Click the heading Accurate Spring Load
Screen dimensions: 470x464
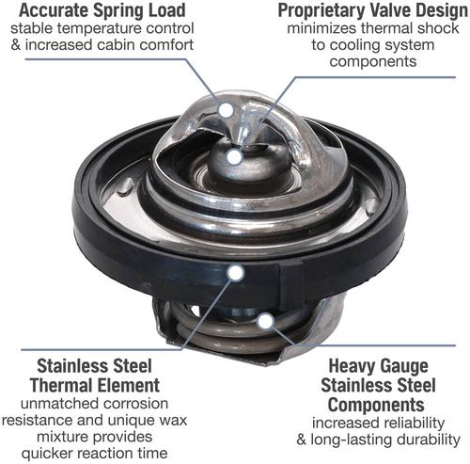click(102, 10)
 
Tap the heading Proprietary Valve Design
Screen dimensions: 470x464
click(373, 10)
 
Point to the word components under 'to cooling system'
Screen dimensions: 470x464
click(373, 61)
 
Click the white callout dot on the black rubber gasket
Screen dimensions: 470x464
click(236, 273)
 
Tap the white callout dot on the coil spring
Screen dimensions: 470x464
click(265, 321)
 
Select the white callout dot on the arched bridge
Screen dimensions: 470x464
click(227, 110)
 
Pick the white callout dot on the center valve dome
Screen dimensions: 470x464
click(234, 157)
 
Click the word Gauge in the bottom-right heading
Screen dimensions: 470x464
click(402, 366)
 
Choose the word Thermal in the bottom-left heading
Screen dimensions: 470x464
click(60, 385)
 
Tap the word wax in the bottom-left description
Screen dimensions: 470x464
click(174, 420)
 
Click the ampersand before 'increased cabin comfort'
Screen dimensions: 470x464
click(16, 44)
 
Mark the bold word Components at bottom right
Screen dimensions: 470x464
click(376, 405)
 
